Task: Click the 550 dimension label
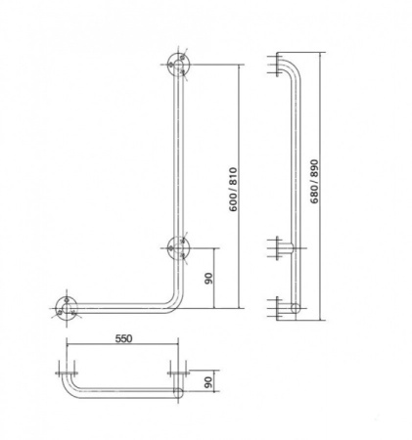coord(124,338)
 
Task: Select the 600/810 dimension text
coord(234,190)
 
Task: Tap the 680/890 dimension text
coord(314,181)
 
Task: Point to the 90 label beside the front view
coord(208,278)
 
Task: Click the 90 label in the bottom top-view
coord(208,381)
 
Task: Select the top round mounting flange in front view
coord(178,65)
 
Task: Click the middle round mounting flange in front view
coord(178,247)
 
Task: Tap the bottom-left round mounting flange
coord(67,308)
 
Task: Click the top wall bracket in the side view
coord(277,65)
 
